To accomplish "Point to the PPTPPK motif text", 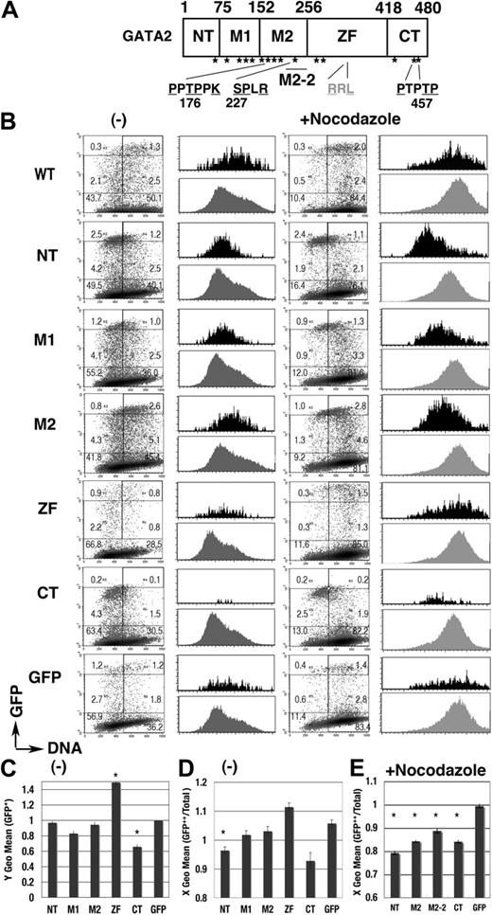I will click(x=195, y=87).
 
